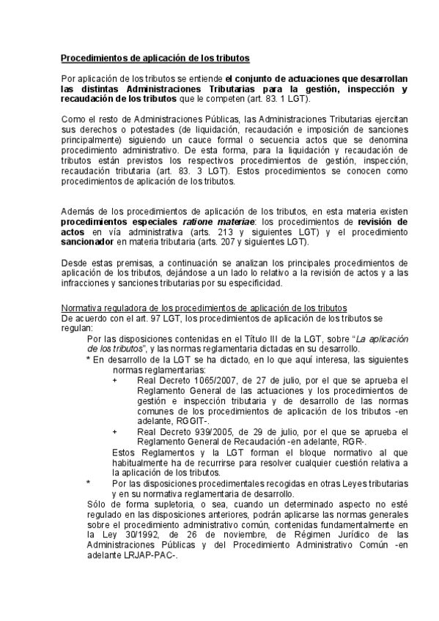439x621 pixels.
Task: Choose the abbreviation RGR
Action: [x=354, y=443]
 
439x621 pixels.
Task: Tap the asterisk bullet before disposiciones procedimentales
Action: [x=89, y=484]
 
